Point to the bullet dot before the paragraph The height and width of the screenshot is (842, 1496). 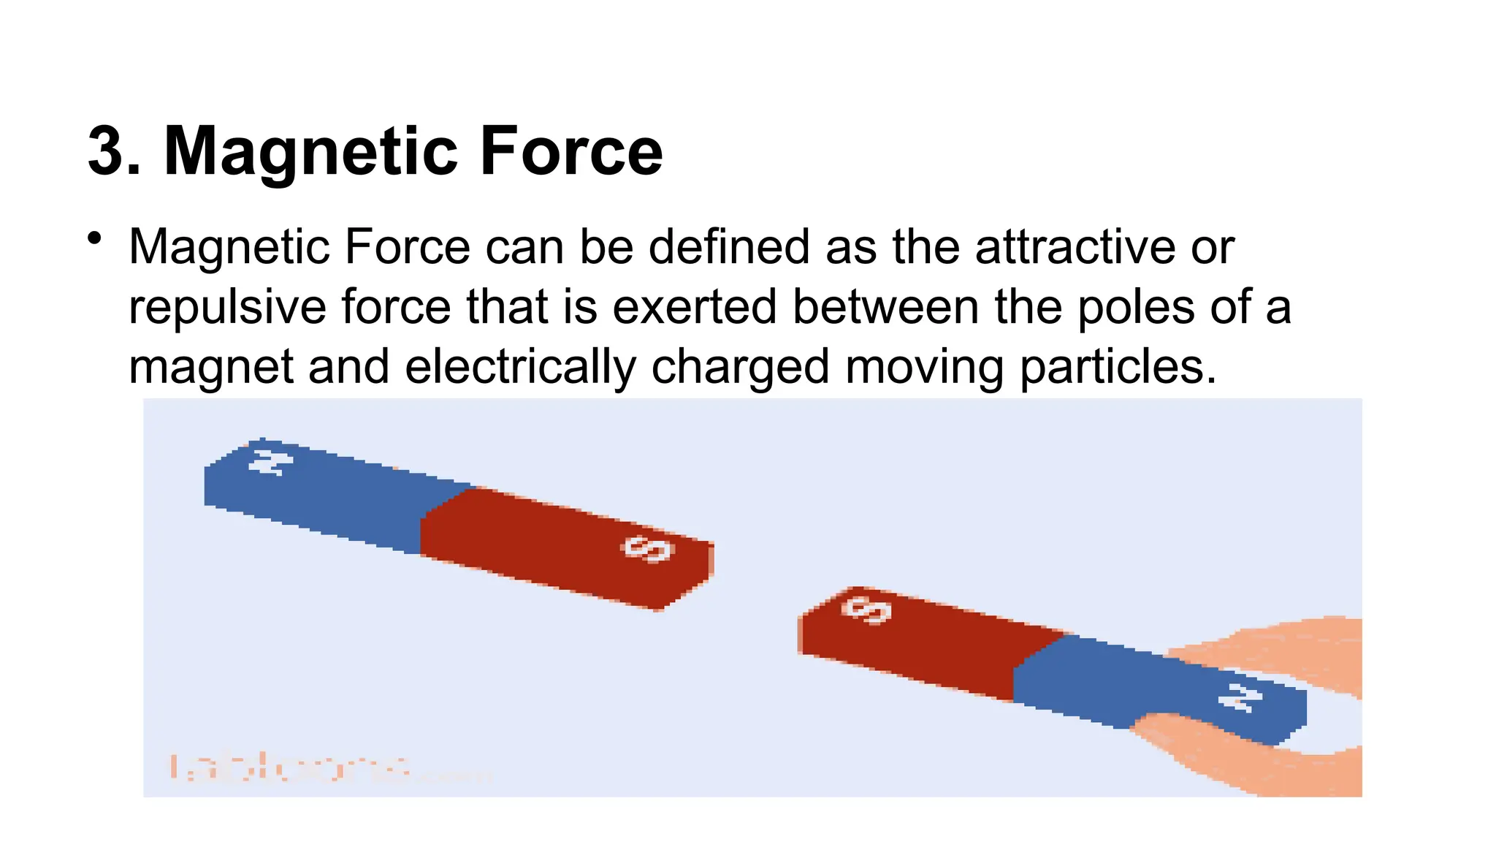coord(93,239)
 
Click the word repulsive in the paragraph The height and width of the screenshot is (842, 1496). coord(227,307)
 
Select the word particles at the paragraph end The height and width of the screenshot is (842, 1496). coord(1118,366)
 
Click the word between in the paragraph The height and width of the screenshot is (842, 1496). coord(885,307)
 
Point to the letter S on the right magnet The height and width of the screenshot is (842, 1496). coord(866,610)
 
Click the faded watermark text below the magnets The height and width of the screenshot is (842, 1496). coord(292,768)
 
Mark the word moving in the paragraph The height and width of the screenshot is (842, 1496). coord(925,366)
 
